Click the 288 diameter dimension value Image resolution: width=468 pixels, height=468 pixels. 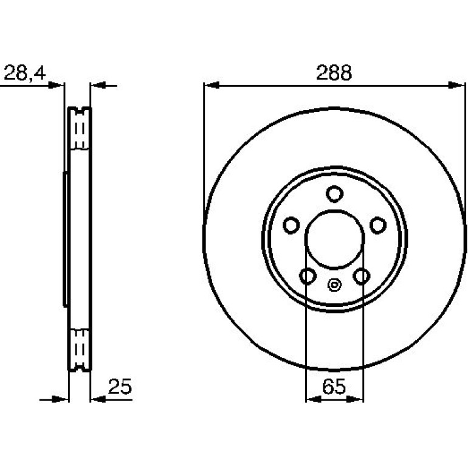(x=334, y=72)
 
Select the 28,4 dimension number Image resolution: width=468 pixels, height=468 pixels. (x=25, y=72)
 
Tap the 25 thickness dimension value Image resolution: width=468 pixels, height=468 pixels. (x=120, y=387)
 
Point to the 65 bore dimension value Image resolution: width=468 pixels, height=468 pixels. (x=334, y=386)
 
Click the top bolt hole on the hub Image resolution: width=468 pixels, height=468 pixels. (x=334, y=194)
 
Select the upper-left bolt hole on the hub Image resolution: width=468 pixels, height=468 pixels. (x=291, y=225)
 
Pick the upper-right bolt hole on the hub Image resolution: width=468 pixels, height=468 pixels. (x=378, y=225)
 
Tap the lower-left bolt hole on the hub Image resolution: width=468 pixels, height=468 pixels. (x=308, y=276)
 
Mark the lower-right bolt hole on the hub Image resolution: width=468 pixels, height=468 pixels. (x=362, y=276)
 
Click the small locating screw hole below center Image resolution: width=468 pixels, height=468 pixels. (x=334, y=284)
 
